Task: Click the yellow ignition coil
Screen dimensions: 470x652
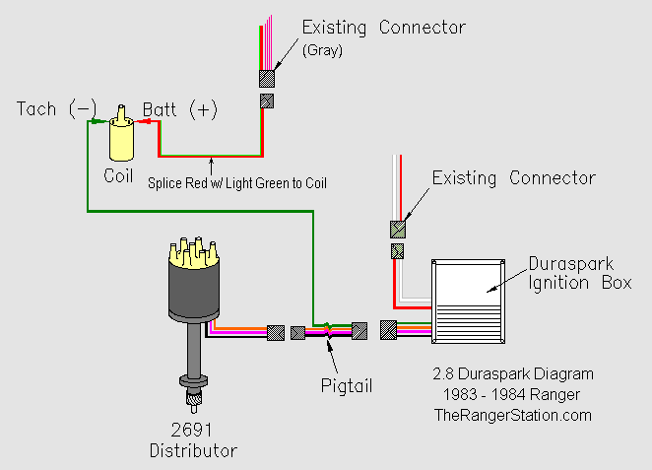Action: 121,138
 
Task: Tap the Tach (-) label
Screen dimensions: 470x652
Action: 57,108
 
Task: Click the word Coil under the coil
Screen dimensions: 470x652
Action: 120,175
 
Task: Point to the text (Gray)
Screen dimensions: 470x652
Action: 322,51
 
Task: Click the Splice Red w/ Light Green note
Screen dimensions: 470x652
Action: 237,182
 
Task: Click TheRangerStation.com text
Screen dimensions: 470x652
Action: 513,415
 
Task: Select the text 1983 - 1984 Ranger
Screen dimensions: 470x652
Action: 513,394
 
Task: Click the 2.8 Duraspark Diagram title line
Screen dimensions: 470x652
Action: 513,374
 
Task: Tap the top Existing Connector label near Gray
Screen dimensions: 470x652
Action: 383,27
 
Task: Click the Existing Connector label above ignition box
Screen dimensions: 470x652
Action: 513,178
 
